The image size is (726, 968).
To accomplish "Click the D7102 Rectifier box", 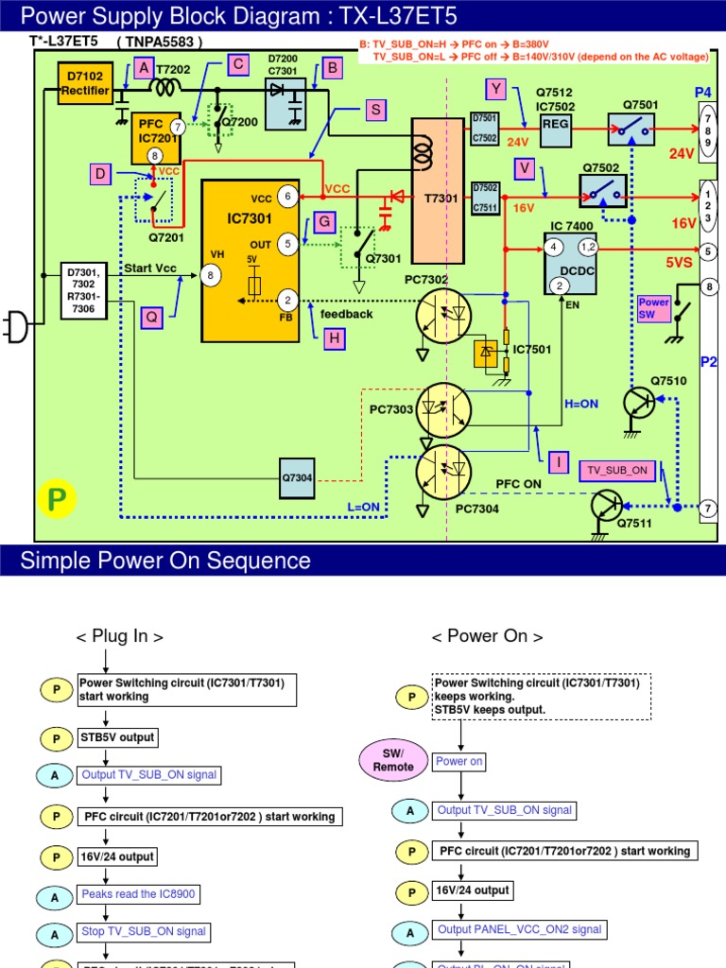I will (x=86, y=83).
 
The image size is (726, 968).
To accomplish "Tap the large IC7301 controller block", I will (x=251, y=260).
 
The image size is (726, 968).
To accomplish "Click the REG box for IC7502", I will (x=555, y=132).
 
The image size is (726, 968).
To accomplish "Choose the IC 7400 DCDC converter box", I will (x=571, y=263).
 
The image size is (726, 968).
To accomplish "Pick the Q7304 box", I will (x=296, y=476).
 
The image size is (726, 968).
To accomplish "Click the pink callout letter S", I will (x=377, y=111).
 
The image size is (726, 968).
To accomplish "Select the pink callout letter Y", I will (x=497, y=90).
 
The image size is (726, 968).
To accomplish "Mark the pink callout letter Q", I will (x=151, y=318).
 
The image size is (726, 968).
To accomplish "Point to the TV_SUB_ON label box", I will (x=617, y=470).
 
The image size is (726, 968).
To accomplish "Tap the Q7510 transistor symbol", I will (x=640, y=404).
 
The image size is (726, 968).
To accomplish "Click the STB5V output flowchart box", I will (x=117, y=736).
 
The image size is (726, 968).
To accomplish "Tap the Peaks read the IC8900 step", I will (x=138, y=893).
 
